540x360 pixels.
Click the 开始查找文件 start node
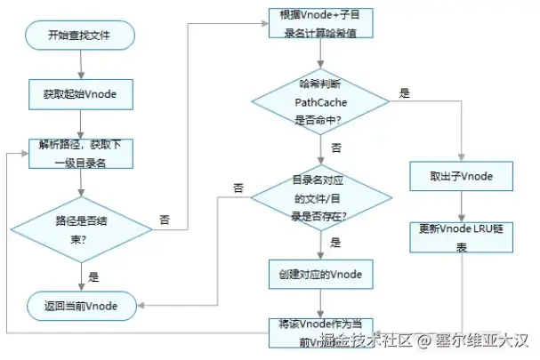click(80, 36)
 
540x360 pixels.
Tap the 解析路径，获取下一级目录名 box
click(80, 152)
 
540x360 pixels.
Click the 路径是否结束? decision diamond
click(80, 228)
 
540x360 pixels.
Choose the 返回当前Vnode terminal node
click(80, 305)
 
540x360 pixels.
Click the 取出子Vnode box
click(461, 175)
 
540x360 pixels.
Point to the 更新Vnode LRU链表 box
click(461, 235)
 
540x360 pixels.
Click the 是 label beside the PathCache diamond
click(404, 92)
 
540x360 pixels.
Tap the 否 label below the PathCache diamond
click(335, 146)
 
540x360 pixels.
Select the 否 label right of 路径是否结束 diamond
click(165, 219)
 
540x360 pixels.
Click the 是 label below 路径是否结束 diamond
click(93, 276)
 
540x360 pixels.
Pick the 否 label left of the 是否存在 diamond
click(238, 188)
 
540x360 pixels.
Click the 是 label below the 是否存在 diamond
click(335, 241)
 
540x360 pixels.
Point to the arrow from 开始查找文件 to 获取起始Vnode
click(80, 64)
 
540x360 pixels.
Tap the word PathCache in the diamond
click(319, 102)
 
